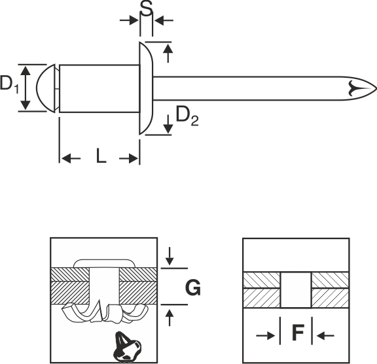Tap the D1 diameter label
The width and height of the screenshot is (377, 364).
click(9, 84)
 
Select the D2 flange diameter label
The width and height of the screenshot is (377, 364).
click(187, 116)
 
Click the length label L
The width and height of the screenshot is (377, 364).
click(101, 156)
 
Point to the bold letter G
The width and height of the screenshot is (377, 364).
click(193, 288)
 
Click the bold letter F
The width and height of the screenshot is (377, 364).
click(298, 333)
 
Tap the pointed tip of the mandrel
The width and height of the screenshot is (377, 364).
click(376, 88)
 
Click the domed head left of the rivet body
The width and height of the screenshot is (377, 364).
click(46, 88)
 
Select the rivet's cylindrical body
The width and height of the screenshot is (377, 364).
click(99, 88)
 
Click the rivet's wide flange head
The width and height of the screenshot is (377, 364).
click(146, 88)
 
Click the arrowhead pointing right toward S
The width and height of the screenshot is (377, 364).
click(130, 20)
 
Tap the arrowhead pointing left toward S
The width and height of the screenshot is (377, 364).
click(164, 20)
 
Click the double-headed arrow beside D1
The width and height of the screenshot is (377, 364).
click(26, 88)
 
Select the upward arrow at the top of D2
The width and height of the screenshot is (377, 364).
click(168, 53)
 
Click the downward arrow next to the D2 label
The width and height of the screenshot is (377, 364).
click(168, 124)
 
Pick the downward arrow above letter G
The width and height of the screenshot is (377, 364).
click(170, 256)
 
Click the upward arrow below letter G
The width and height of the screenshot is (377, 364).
click(170, 318)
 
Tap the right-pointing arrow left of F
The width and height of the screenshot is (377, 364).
click(266, 335)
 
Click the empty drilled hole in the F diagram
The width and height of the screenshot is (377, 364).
click(296, 290)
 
